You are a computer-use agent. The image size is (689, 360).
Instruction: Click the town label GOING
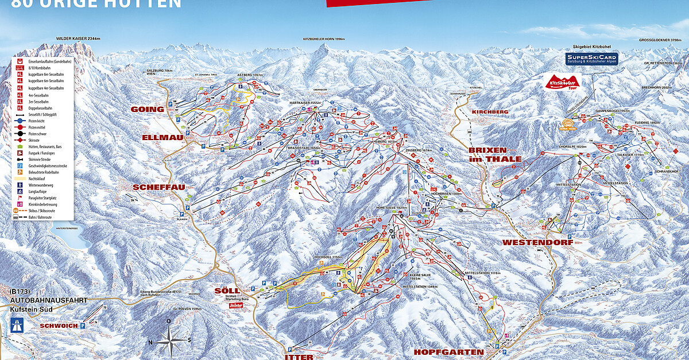[148, 109]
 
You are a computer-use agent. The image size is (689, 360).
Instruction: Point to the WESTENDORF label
[531, 242]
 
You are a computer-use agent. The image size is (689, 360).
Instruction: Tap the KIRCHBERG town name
[490, 111]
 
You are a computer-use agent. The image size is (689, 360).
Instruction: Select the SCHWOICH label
[58, 326]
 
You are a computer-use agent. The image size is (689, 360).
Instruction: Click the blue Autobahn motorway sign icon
[17, 326]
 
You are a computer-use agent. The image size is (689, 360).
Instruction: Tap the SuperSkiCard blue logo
[591, 59]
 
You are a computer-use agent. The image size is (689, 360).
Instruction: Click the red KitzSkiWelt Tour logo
[563, 82]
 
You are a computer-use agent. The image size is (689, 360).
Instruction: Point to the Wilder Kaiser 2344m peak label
[78, 38]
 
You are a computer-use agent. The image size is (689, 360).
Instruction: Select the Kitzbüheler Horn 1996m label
[323, 39]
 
